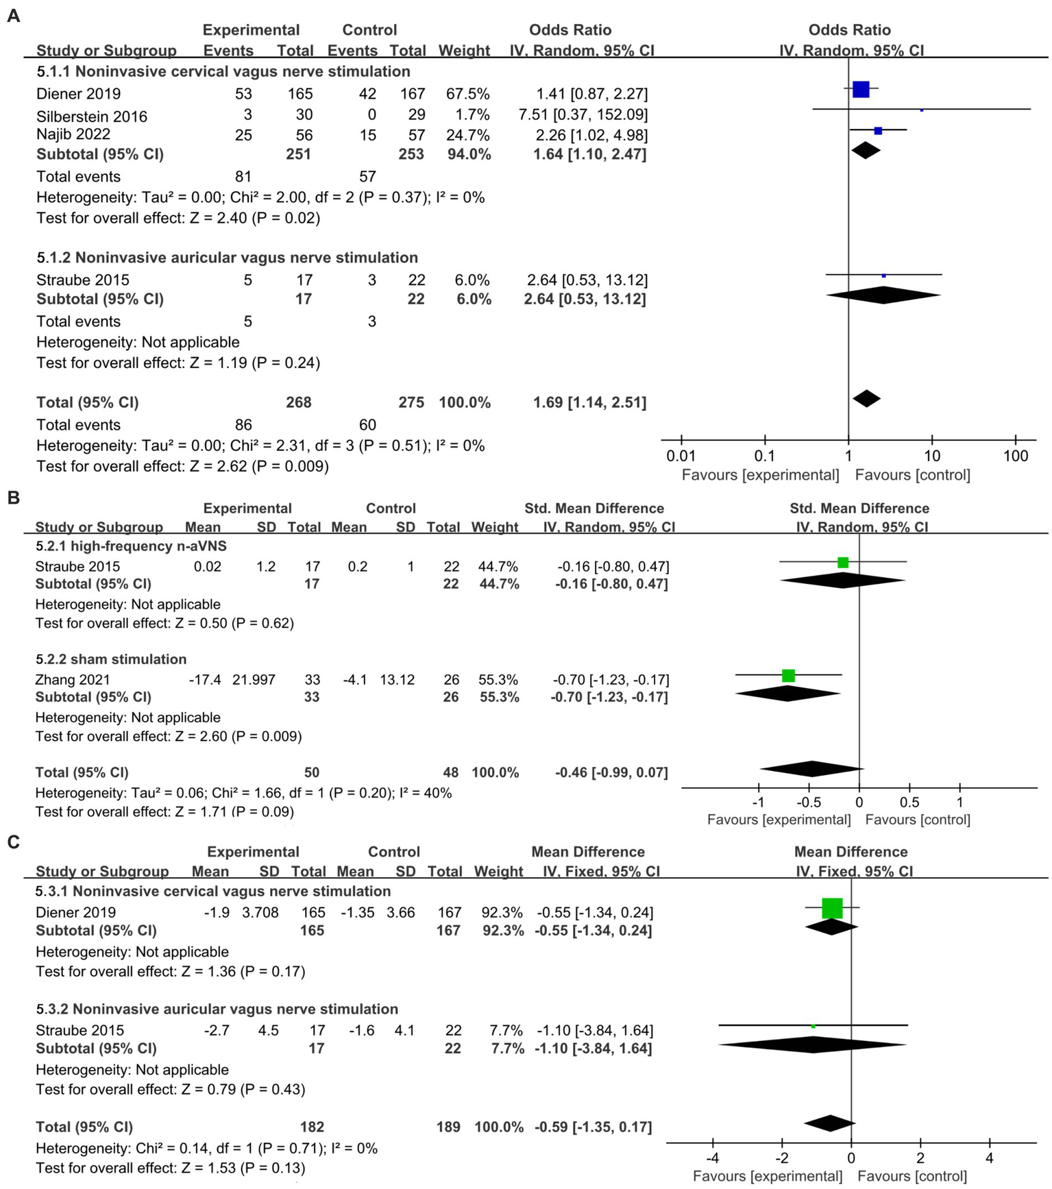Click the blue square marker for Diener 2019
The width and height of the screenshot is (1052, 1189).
(x=861, y=89)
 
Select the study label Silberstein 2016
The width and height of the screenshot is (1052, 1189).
(x=92, y=116)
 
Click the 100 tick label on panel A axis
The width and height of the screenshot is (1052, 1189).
(x=1016, y=456)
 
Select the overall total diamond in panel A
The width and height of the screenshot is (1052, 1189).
(x=866, y=398)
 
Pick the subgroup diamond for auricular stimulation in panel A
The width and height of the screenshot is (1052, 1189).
(x=883, y=295)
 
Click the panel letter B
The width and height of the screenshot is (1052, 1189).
(x=12, y=498)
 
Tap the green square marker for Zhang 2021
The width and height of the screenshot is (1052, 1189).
(x=788, y=676)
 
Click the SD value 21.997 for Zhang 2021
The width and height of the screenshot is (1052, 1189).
(x=254, y=680)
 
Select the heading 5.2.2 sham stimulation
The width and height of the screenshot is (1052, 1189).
(x=111, y=659)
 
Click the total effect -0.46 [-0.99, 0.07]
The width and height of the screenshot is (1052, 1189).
(x=611, y=772)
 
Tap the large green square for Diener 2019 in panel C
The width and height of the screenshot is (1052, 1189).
(x=832, y=908)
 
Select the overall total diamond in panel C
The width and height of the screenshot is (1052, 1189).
(x=829, y=1123)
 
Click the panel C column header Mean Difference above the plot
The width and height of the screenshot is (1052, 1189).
(x=851, y=852)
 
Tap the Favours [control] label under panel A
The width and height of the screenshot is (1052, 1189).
(x=912, y=475)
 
